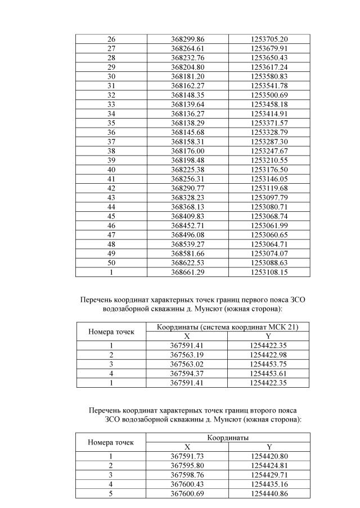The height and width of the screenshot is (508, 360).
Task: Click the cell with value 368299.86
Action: click(187, 39)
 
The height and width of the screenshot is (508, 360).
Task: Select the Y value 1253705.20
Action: click(269, 39)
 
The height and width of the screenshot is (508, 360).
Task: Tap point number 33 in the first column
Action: click(111, 105)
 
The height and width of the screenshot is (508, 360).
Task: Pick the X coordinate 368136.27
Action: click(187, 114)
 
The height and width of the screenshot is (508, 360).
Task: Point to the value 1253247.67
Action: click(269, 151)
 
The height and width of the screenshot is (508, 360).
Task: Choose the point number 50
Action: click(111, 263)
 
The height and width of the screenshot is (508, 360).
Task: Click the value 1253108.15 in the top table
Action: click(269, 272)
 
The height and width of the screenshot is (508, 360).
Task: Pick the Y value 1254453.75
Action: click(269, 364)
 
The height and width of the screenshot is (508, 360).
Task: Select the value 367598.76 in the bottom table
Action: click(187, 475)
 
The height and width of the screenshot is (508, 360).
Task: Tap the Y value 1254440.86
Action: click(269, 493)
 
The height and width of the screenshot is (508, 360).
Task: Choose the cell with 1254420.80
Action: click(269, 456)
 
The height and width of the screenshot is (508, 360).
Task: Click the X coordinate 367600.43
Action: click(187, 484)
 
